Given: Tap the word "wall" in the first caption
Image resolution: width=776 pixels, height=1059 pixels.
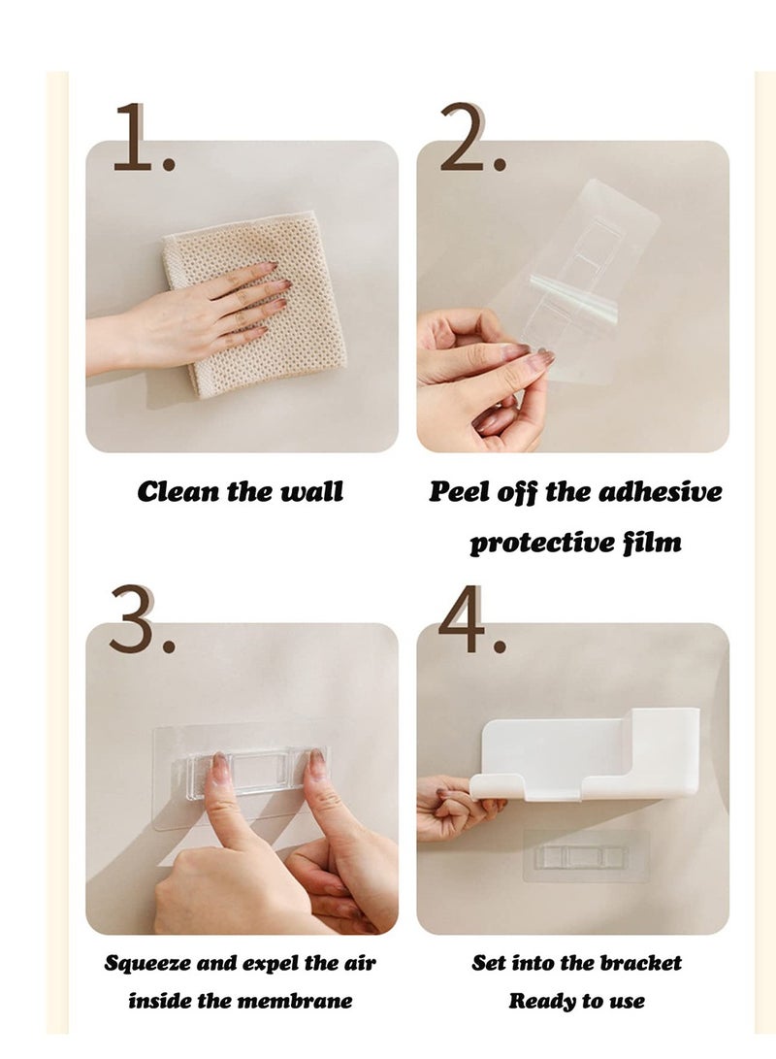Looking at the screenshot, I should pyautogui.click(x=312, y=491).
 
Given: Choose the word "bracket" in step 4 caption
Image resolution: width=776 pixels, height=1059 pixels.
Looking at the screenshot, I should pyautogui.click(x=641, y=964).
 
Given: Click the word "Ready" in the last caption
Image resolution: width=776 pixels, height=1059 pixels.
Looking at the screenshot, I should pyautogui.click(x=540, y=1001).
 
